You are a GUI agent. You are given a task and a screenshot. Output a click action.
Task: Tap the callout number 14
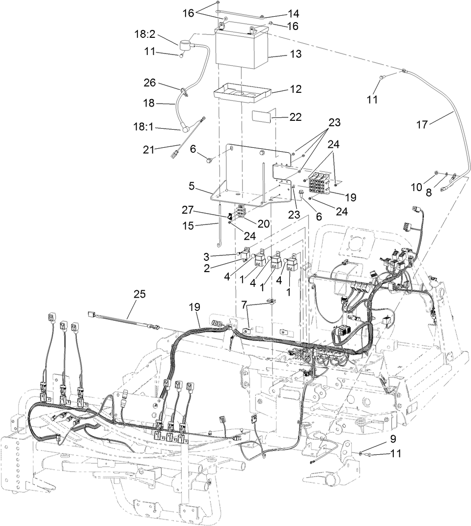point(294,14)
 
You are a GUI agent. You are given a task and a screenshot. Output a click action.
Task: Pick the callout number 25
point(139,294)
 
